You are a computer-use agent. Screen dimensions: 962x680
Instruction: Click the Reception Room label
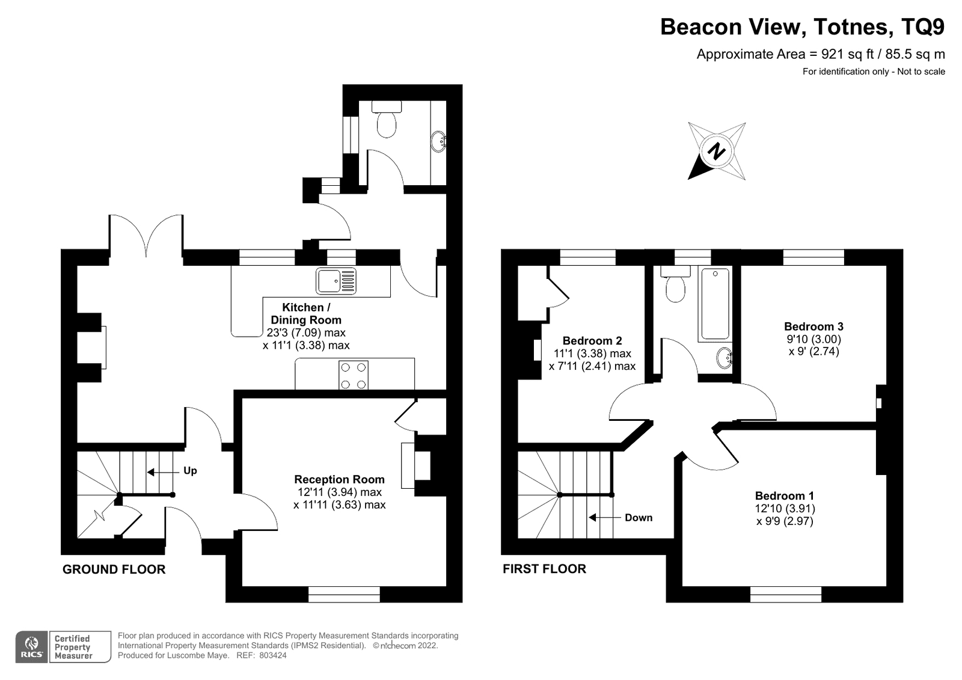coord(339,479)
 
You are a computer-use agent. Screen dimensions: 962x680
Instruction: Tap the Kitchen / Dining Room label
coord(306,314)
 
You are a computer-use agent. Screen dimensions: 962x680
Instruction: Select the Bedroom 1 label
coord(785,496)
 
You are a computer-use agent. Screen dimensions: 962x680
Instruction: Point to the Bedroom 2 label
coord(592,341)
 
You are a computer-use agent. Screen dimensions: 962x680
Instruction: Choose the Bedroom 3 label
coord(813,326)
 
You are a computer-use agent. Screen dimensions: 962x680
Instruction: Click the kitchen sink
coord(336,281)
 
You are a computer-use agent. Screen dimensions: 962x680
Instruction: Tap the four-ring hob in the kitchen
coord(354,375)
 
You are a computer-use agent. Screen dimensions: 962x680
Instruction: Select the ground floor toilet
coord(387,120)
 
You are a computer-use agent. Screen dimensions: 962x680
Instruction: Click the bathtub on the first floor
coord(715,304)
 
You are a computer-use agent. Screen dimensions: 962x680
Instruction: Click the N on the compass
coord(716,151)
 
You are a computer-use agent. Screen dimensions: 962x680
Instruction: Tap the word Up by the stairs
coord(190,471)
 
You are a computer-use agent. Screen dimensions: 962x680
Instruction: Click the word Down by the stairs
coord(639,518)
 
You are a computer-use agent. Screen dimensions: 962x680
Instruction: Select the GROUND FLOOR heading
coord(114,569)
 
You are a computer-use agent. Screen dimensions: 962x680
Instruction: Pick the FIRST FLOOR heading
coord(544,569)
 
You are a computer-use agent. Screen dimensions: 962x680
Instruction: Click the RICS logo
coord(32,647)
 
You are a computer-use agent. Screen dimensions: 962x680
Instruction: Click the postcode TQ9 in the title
coord(923,27)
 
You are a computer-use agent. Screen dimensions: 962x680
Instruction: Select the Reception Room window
coord(344,595)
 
